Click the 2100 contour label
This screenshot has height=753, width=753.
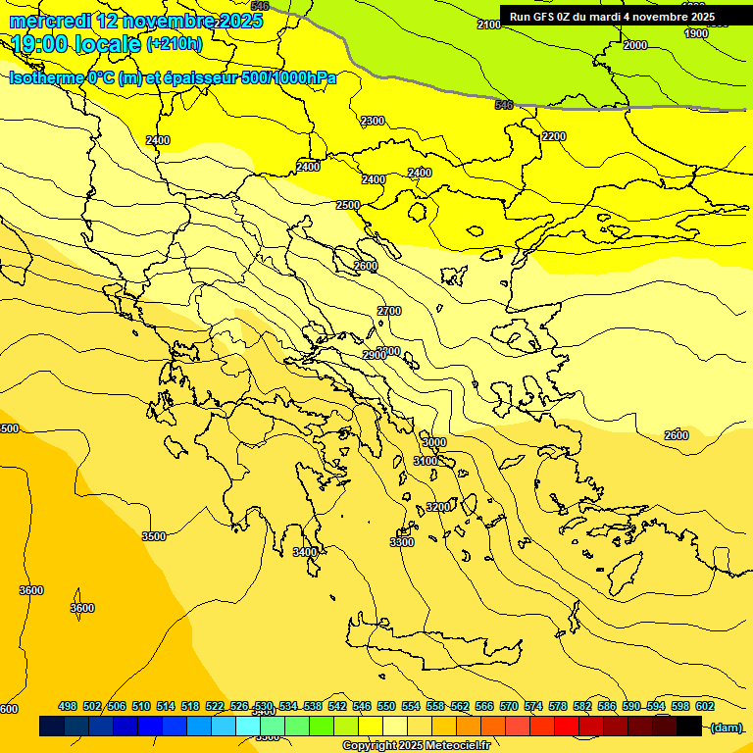click(488, 25)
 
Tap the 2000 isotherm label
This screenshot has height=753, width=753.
click(635, 45)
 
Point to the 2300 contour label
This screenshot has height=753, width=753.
click(373, 121)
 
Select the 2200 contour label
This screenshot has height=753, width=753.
click(554, 136)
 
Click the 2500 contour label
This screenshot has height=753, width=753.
click(348, 205)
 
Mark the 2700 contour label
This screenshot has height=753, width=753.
click(389, 311)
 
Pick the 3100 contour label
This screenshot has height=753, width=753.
click(426, 461)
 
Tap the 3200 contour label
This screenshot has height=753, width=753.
click(438, 507)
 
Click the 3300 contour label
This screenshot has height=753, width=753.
click(402, 542)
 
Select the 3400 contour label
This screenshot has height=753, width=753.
click(305, 552)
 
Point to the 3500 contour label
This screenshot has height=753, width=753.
click(154, 536)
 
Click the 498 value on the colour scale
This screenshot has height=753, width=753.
click(68, 706)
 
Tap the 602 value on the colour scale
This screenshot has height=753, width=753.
click(705, 706)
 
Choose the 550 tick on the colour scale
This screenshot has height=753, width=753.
click(386, 706)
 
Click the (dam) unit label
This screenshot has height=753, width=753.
click(726, 727)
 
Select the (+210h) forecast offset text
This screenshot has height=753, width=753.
click(175, 44)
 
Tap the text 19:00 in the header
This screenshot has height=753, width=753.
click(40, 44)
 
